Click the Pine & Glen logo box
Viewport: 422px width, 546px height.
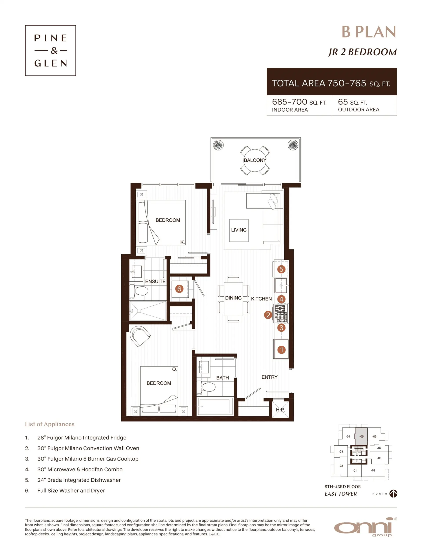pyautogui.click(x=50, y=51)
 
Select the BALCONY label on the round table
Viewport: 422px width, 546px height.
pyautogui.click(x=255, y=160)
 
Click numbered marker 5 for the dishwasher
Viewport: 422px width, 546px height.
pyautogui.click(x=281, y=269)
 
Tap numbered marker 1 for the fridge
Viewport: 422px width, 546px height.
pyautogui.click(x=281, y=350)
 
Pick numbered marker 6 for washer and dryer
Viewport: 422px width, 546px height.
pyautogui.click(x=179, y=289)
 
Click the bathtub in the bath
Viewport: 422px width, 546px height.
pyautogui.click(x=214, y=406)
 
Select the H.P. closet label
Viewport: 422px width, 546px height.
pyautogui.click(x=280, y=410)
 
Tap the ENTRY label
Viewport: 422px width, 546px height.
pyautogui.click(x=269, y=377)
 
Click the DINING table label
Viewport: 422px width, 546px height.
pyautogui.click(x=233, y=298)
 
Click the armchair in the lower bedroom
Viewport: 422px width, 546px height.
pyautogui.click(x=140, y=336)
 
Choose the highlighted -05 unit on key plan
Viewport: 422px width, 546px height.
pyautogui.click(x=361, y=437)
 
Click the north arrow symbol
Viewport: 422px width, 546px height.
pyautogui.click(x=393, y=493)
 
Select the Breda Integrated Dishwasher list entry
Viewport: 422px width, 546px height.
pyautogui.click(x=79, y=480)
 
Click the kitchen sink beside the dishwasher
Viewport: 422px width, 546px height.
pyautogui.click(x=281, y=285)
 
